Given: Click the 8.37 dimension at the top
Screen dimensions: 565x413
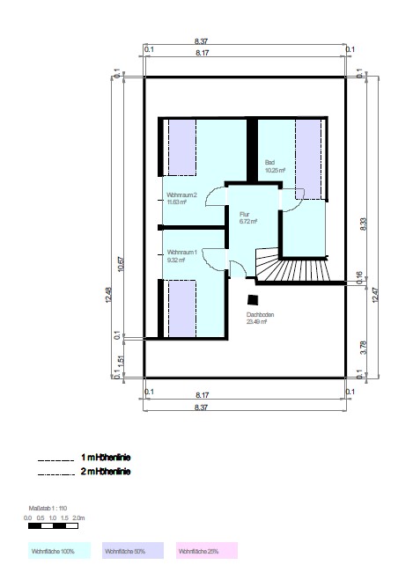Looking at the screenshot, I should (x=201, y=40).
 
